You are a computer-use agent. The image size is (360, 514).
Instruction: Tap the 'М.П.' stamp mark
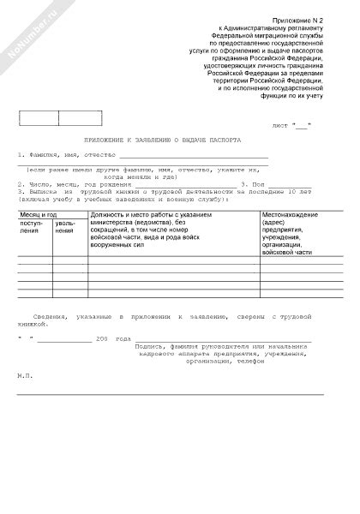(x=25, y=375)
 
